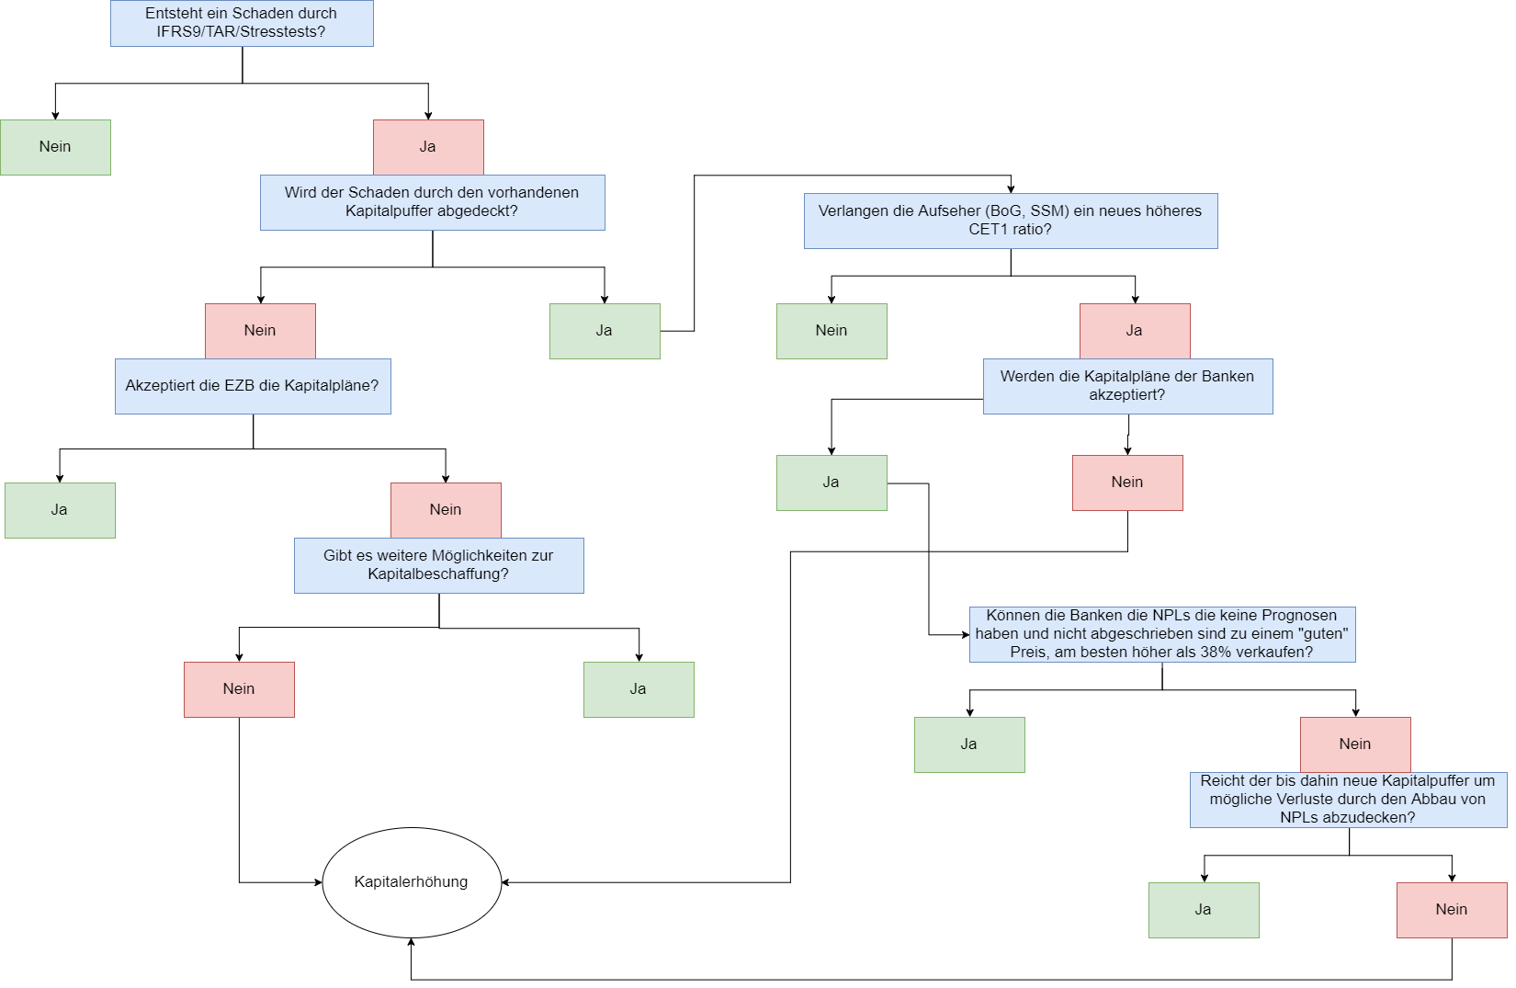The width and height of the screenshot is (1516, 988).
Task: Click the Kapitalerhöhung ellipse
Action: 412,882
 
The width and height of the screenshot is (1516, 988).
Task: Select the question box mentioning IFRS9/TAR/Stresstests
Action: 242,23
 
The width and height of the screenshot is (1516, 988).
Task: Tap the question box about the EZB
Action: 253,386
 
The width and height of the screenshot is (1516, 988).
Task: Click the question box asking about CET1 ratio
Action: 1011,221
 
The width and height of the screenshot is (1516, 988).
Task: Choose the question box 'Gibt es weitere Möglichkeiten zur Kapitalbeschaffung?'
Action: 438,565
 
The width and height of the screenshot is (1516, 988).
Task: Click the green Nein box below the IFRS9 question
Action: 55,147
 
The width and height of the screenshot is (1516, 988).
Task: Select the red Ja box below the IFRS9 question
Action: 428,147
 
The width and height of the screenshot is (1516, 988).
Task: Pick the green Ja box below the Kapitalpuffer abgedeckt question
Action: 605,331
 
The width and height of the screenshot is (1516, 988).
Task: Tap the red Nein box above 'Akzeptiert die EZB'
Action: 260,331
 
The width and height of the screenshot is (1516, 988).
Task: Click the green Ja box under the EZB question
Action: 60,510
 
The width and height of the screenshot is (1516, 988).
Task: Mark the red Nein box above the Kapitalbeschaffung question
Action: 446,510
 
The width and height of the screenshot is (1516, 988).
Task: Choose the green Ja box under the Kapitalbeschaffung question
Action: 639,689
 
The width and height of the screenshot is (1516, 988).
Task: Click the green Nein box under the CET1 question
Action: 832,331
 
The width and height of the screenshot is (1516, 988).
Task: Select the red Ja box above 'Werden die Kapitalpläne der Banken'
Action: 1135,331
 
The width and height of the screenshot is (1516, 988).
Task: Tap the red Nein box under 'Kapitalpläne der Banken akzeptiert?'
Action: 1127,483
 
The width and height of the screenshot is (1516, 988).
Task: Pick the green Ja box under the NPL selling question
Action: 969,744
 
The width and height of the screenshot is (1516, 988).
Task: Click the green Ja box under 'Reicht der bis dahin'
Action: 1204,910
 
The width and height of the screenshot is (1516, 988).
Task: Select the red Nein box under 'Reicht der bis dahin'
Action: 1452,910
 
